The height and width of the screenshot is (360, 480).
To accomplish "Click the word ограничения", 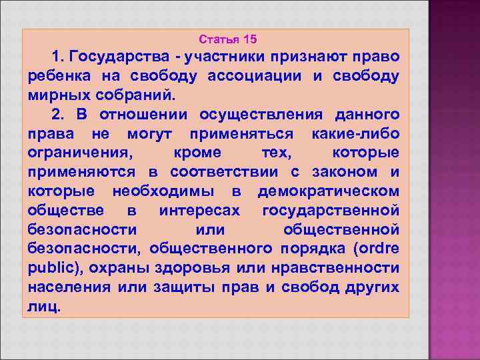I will [79, 153].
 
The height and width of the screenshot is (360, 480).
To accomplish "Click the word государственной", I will [331, 211].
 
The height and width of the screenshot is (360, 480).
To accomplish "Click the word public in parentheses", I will [53, 269].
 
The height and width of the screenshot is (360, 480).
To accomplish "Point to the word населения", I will [69, 288].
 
